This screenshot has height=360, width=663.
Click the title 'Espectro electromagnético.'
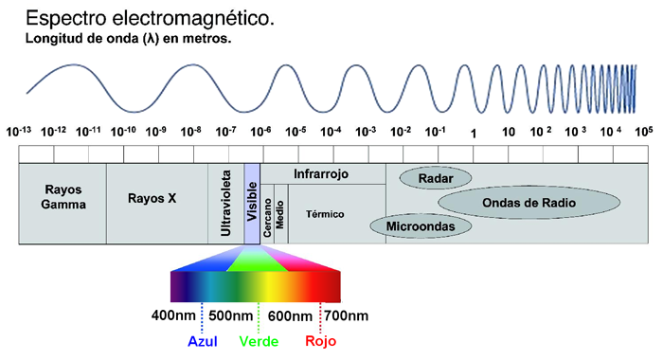coord(150,19)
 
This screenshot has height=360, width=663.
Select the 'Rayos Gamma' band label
coord(63,197)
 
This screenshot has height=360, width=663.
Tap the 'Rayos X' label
coord(152,198)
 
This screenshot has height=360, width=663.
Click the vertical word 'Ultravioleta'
coord(226,203)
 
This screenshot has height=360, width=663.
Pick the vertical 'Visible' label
coord(252,202)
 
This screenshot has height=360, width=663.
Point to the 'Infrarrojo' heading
coord(321,174)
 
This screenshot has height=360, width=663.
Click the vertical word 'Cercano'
coord(267,218)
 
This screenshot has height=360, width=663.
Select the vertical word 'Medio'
coord(280,215)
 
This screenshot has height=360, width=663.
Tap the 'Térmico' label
coord(325,214)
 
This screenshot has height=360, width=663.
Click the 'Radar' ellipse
coord(436,178)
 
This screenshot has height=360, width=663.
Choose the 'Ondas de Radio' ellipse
coord(529,202)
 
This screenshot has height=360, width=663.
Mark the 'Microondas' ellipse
coord(421,225)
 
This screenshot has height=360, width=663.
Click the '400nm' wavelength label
coord(173,315)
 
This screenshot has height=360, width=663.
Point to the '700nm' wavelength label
coord(347,315)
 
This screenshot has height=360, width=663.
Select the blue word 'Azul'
coord(203,341)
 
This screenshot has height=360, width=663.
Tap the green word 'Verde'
coord(259,341)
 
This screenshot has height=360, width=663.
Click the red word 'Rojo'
coord(320,341)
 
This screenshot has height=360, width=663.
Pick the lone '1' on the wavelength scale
coord(474,134)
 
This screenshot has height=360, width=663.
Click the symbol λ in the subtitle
coord(150,39)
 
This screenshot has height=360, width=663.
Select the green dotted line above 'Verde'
coord(259,317)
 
